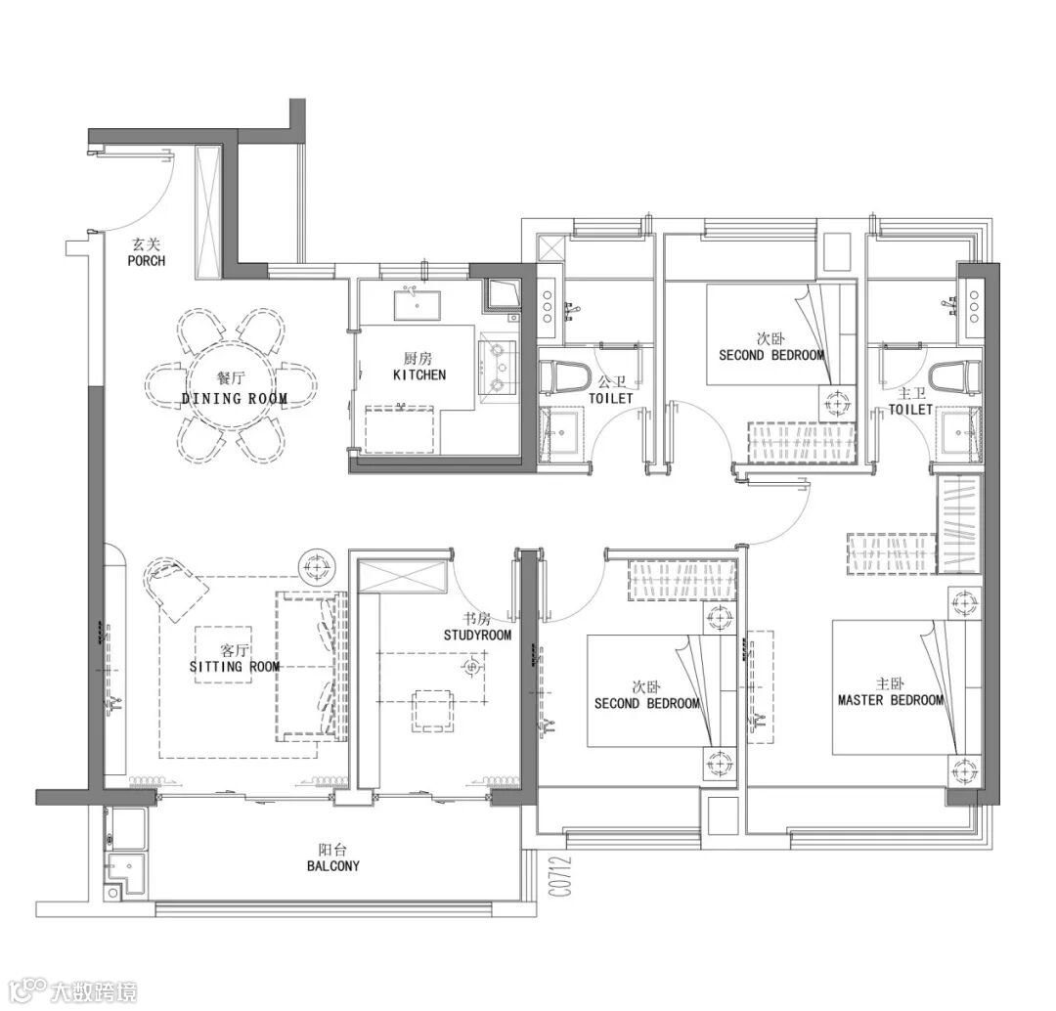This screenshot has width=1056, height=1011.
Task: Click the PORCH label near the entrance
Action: click(146, 261)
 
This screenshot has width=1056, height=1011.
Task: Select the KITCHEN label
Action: click(418, 374)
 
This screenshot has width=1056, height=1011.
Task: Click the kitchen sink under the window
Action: click(418, 304)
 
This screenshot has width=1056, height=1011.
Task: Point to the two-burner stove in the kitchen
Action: click(498, 367)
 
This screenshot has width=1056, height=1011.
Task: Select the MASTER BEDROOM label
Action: click(891, 700)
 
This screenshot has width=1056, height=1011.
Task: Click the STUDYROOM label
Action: click(477, 635)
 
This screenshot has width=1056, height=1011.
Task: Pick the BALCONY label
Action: click(332, 866)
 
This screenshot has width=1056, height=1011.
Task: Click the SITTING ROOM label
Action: click(235, 667)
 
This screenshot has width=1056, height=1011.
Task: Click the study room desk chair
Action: click(432, 710)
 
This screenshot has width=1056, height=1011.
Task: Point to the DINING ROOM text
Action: click(235, 399)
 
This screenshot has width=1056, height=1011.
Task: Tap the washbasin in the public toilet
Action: click(559, 433)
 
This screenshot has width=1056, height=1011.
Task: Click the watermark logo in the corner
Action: click(73, 991)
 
